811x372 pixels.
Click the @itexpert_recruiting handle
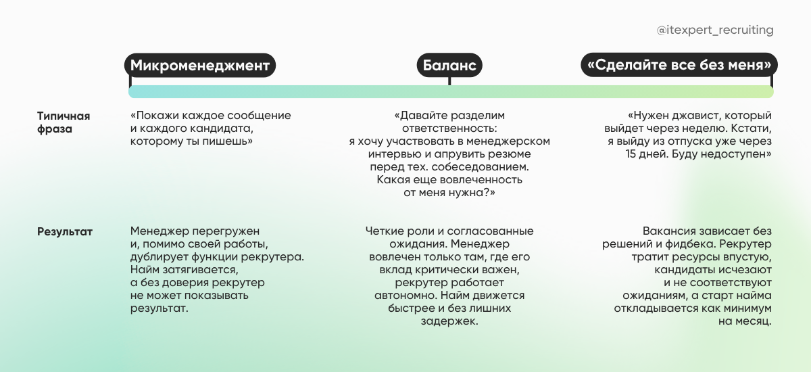click(x=715, y=30)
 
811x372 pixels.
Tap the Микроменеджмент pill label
click(x=201, y=66)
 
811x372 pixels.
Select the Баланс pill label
click(x=449, y=66)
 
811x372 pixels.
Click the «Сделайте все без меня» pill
click(x=679, y=66)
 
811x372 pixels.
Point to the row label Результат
click(x=65, y=232)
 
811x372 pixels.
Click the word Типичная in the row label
click(x=64, y=116)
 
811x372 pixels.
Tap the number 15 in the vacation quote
click(x=633, y=154)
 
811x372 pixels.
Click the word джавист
click(x=699, y=116)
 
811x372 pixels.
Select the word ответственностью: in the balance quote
click(x=449, y=129)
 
